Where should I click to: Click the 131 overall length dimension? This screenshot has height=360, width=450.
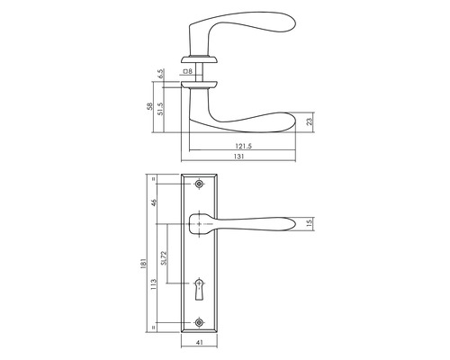238,157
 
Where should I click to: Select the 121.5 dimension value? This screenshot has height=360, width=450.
243,146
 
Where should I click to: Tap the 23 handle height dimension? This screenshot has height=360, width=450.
310,121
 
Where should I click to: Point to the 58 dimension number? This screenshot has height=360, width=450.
149,106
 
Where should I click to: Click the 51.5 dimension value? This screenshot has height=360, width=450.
160,109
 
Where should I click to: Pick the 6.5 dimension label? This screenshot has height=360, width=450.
162,74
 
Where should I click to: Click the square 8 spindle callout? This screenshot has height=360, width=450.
187,71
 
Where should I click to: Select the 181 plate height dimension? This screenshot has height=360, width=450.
144,263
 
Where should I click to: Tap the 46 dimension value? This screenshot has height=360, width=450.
154,202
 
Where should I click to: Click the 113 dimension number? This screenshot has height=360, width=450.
154,284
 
